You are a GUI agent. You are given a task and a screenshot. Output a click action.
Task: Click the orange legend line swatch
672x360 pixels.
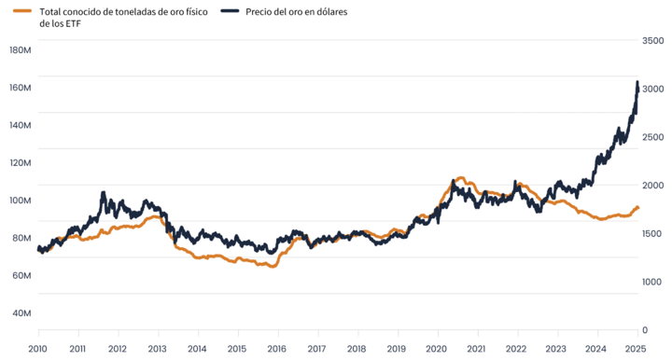pos(22,10)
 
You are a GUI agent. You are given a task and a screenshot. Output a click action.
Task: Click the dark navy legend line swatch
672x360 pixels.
pos(230,10)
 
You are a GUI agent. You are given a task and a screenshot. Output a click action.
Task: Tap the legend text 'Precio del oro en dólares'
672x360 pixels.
pos(296,11)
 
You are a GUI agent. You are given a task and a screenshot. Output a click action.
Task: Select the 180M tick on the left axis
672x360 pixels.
pos(21,50)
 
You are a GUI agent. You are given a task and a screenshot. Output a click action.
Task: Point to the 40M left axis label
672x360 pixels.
pos(21,313)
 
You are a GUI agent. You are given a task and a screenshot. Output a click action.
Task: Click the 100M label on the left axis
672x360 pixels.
pos(21,201)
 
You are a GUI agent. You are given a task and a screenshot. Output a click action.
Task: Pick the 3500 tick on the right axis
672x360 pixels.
pos(652,41)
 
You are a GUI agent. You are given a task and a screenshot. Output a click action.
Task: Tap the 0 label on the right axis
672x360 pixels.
pos(645,330)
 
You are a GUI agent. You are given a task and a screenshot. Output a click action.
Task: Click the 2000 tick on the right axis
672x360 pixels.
pos(652,186)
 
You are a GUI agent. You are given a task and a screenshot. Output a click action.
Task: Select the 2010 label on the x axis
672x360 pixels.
pos(37,349)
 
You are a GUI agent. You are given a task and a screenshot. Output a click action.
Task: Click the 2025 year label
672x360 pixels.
pos(636,349)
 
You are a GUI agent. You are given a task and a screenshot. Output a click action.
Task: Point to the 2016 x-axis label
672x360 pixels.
pos(277,349)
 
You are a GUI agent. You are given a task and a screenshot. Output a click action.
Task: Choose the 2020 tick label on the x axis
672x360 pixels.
pos(436,349)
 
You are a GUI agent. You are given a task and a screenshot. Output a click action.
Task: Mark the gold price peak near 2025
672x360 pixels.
pos(637,81)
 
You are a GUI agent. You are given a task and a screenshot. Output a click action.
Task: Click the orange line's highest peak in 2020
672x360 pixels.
pos(461,177)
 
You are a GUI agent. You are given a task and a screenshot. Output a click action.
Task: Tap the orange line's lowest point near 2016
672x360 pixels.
pos(273,266)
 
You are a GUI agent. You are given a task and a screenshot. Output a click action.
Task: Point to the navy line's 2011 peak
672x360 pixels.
pos(103,193)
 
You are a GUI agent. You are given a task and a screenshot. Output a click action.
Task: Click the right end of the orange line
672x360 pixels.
pos(638,208)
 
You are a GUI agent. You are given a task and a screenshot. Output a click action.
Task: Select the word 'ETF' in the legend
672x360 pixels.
pos(73,23)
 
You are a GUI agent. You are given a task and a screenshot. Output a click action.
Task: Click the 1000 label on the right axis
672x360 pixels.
pos(651,282)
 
